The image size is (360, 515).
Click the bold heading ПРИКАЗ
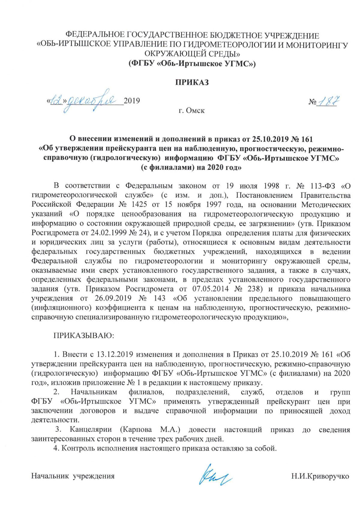point(192,82)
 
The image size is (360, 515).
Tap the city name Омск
point(195,110)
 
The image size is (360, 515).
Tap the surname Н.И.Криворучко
point(320,476)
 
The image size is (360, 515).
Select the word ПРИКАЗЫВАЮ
point(84,335)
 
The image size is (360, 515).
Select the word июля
point(248,186)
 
